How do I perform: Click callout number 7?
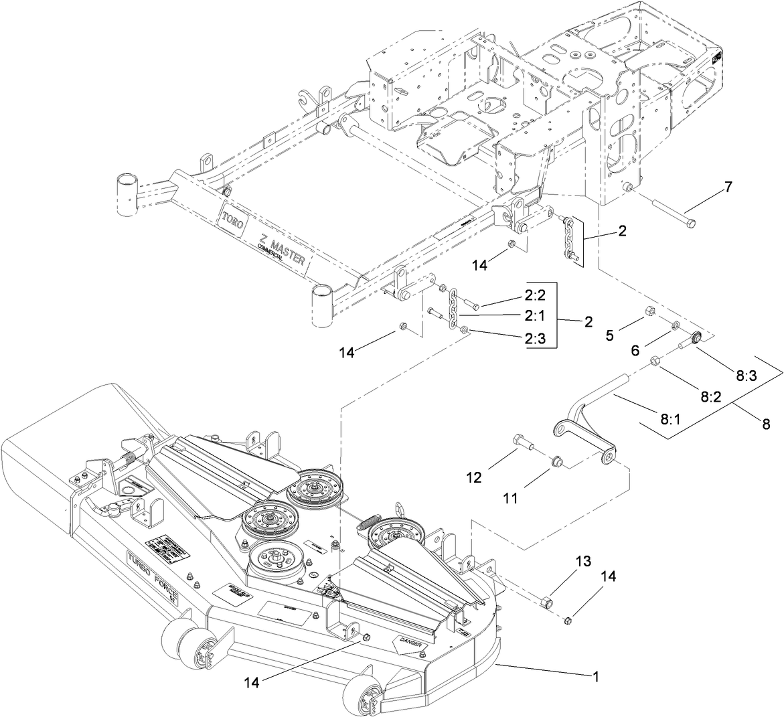[x=727, y=187]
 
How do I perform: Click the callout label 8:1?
[x=670, y=420]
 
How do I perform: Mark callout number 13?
[x=584, y=561]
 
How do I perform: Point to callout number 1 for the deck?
[x=595, y=676]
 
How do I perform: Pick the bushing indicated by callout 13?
[x=547, y=603]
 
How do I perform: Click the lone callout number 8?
[x=765, y=424]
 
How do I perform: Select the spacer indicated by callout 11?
[x=556, y=461]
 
